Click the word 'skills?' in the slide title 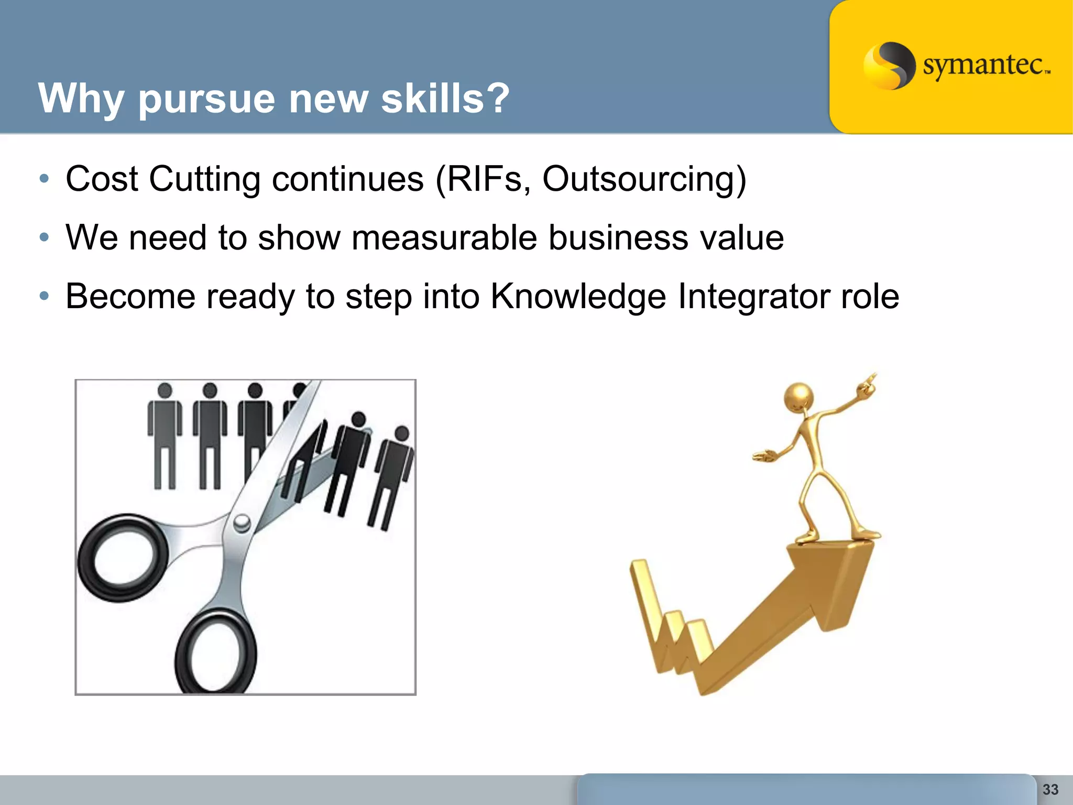coord(445,98)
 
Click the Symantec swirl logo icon coord(889,66)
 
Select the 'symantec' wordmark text coord(985,65)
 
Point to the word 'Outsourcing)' coord(644,180)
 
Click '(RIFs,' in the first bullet coord(479,180)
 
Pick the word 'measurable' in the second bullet coord(444,238)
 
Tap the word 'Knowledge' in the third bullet coord(578,297)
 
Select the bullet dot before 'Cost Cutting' coord(45,179)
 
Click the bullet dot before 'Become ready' coord(45,296)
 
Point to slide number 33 coord(1050,789)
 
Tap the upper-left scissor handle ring coord(122,558)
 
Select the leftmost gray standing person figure coord(165,435)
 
